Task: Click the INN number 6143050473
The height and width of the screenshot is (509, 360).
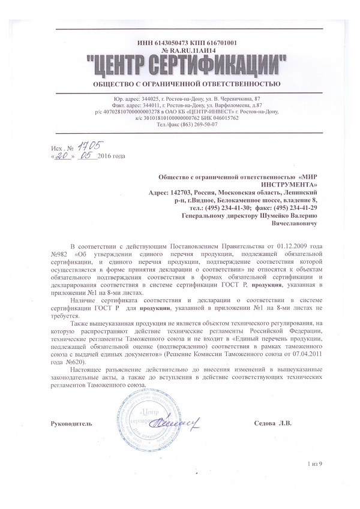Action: [164, 43]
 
